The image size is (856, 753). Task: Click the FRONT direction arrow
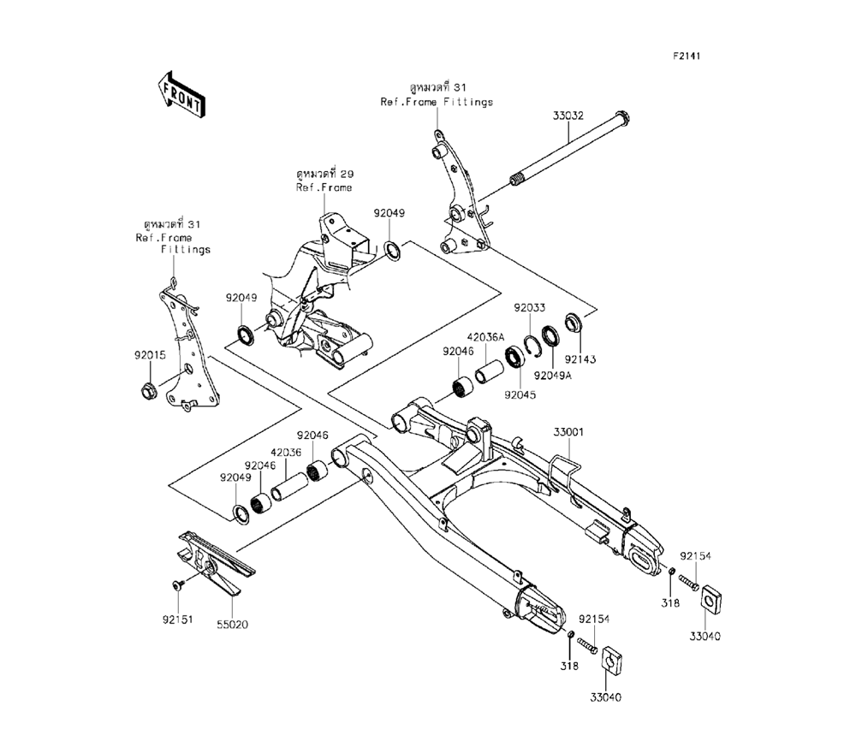point(180,93)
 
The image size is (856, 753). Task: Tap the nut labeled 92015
point(147,393)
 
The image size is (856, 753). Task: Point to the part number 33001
point(568,434)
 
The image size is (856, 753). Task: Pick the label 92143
point(578,360)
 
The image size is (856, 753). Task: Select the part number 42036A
point(486,337)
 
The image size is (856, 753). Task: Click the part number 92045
point(520,395)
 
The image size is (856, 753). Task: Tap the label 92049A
point(552,375)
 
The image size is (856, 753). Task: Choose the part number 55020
point(231,625)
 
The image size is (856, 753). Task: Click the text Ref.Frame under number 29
point(324,187)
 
